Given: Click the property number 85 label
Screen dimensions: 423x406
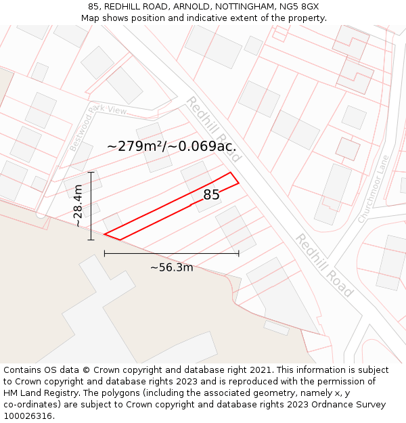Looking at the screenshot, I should point(211,195).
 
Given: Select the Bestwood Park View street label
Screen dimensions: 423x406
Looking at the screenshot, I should point(98,128).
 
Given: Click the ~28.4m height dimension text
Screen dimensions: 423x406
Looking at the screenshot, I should point(78,206).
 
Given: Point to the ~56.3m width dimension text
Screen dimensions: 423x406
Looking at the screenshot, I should point(171,267).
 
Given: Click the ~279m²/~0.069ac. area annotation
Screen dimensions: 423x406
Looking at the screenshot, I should point(171,146).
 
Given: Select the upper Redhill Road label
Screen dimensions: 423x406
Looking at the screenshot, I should point(213,129).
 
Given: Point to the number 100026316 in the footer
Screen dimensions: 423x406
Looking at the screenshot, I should point(29,416).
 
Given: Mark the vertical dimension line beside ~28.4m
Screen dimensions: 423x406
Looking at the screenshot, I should point(91,206).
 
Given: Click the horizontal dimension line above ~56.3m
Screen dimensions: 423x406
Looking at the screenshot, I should point(171,254).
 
